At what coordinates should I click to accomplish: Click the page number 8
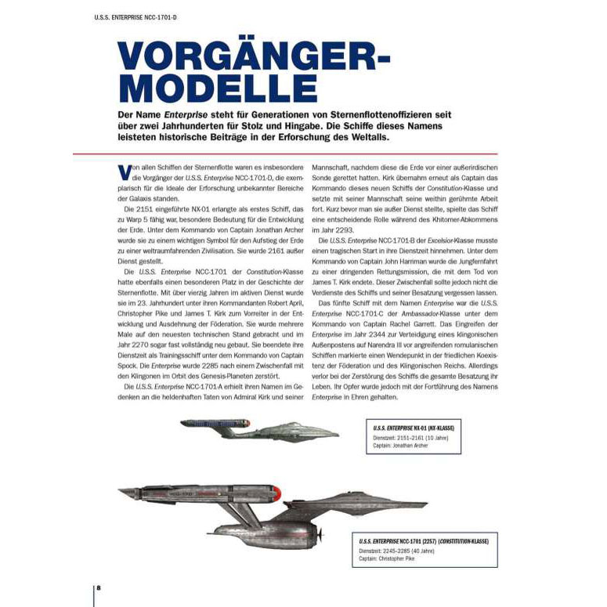pyautogui.click(x=98, y=587)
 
